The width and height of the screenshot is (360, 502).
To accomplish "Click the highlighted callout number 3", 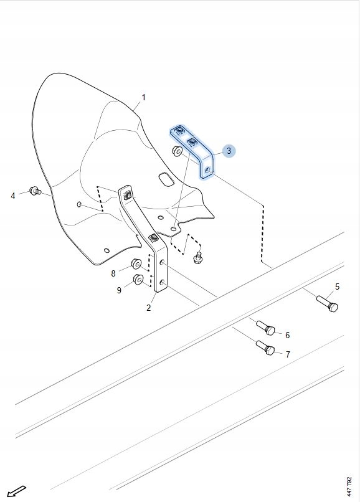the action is pyautogui.click(x=229, y=151).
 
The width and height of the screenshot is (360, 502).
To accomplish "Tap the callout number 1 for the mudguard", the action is pyautogui.click(x=143, y=97).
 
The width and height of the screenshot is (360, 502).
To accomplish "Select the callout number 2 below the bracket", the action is pyautogui.click(x=149, y=308).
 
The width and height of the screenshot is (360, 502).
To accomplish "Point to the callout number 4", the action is pyautogui.click(x=13, y=196).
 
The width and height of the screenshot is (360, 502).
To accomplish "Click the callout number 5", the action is pyautogui.click(x=337, y=287).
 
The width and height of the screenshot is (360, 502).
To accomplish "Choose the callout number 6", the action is pyautogui.click(x=287, y=335).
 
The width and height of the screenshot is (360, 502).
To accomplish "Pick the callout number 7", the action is pyautogui.click(x=288, y=354).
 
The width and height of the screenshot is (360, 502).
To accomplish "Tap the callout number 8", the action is pyautogui.click(x=113, y=273).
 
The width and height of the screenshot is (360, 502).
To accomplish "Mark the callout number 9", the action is pyautogui.click(x=119, y=290).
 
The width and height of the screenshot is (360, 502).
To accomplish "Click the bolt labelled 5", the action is pyautogui.click(x=328, y=303).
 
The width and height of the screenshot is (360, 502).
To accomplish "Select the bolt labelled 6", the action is pyautogui.click(x=266, y=328).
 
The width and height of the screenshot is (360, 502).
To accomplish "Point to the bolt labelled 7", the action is pyautogui.click(x=265, y=348).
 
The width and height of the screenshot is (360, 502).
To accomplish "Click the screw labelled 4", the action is pyautogui.click(x=35, y=191).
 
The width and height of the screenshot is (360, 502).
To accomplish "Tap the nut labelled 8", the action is pyautogui.click(x=136, y=264).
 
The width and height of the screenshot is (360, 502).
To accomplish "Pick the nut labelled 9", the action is pyautogui.click(x=138, y=280).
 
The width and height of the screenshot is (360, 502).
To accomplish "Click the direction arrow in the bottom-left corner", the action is pyautogui.click(x=16, y=491).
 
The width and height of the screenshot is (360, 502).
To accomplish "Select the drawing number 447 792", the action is pyautogui.click(x=349, y=485).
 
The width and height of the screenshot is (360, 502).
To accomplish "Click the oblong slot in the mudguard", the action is pyautogui.click(x=166, y=179).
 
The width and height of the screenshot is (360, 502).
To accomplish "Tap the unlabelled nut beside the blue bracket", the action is pyautogui.click(x=177, y=151).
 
